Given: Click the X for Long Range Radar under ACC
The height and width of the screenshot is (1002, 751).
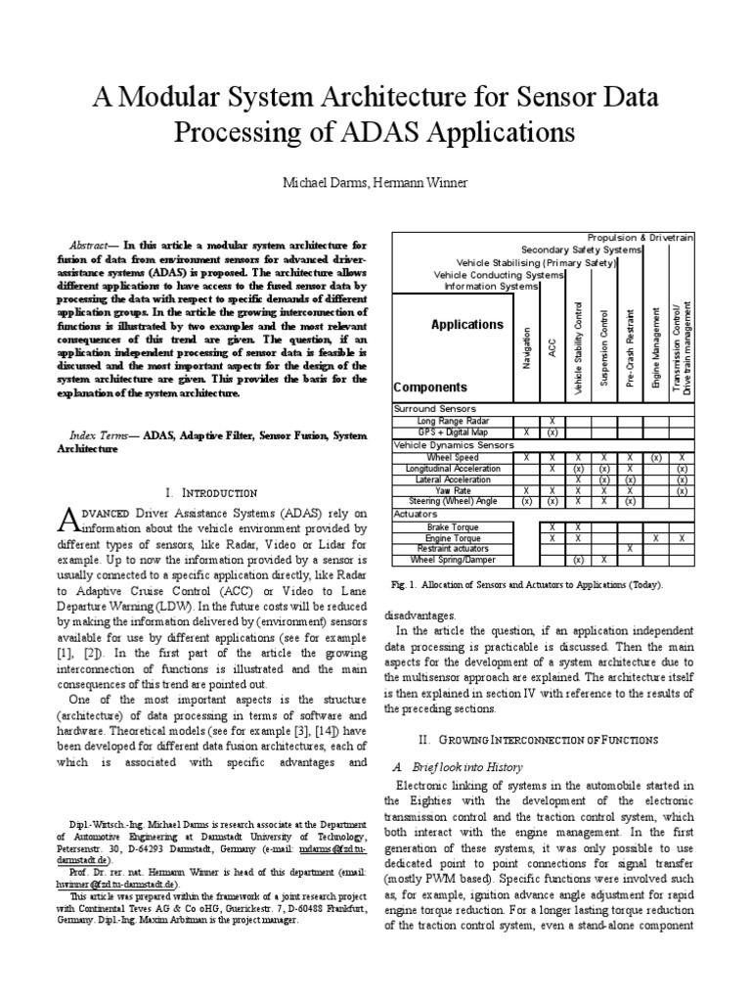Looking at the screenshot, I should click(552, 420).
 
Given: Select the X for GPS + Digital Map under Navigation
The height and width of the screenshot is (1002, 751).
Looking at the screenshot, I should click(526, 432).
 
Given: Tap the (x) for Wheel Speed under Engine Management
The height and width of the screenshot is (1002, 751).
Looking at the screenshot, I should click(656, 457).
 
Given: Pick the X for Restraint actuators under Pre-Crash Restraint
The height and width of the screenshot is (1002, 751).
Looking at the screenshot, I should click(630, 549).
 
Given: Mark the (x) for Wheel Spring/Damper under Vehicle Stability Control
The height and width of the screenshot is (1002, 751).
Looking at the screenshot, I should click(578, 560).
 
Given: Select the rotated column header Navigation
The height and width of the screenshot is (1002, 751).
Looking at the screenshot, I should click(528, 347).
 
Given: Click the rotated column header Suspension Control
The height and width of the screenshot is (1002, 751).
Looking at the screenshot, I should click(604, 348).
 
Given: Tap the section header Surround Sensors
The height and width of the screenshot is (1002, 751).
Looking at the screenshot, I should click(435, 408).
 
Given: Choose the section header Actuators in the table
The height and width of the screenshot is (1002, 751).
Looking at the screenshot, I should click(417, 514).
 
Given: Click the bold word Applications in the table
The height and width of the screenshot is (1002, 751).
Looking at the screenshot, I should click(467, 324).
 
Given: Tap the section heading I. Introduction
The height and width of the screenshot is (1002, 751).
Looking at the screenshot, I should click(211, 492).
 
